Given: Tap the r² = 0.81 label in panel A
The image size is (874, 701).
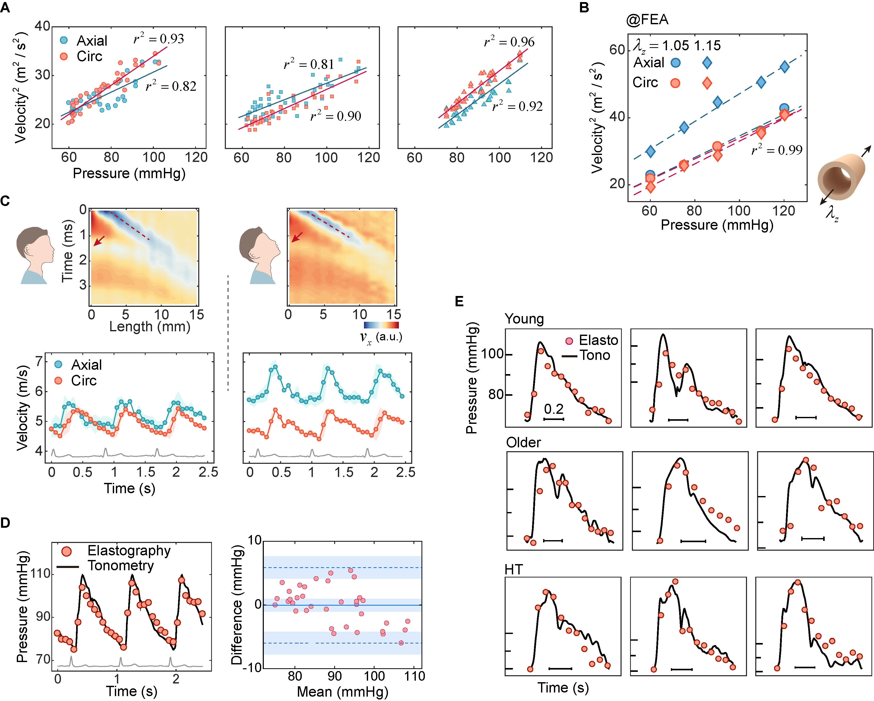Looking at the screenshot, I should coord(309,64).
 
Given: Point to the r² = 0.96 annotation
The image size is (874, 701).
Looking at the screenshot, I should coord(509,42).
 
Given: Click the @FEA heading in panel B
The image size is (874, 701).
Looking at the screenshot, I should coord(647,19).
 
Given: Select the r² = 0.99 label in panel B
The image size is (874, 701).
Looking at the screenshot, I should coord(777,150).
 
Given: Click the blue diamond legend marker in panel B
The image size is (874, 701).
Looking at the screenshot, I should coord(707,63).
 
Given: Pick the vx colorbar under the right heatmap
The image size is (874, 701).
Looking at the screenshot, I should coord(381,325).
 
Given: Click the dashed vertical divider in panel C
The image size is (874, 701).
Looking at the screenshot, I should coord(228,332).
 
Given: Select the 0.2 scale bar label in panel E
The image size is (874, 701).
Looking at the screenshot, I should coord(554,409).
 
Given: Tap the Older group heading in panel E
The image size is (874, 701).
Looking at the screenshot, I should coord(523,442).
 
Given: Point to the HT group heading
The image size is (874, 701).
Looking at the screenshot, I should coord(514,570).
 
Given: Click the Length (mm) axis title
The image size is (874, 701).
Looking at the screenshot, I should coord(150,326).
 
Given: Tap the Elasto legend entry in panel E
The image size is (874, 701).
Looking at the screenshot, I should coord(598,340).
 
